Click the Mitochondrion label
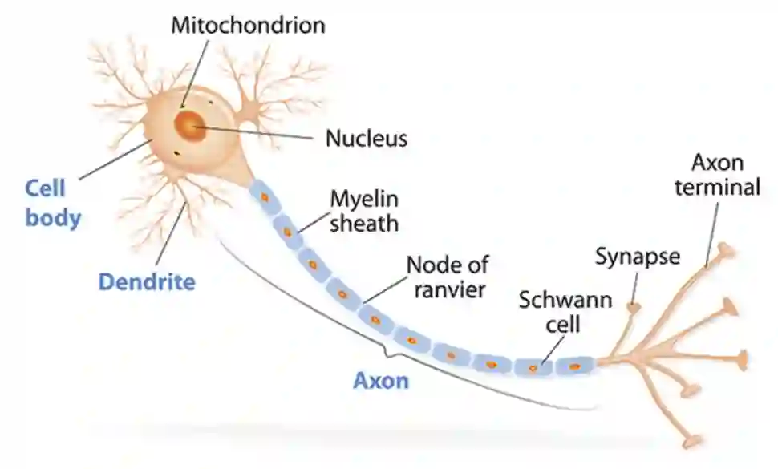tap(249, 25)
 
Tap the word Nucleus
tap(367, 139)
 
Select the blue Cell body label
tap(53, 203)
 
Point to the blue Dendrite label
tap(147, 282)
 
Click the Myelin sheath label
tap(365, 210)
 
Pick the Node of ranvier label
tap(447, 276)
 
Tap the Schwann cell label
tap(565, 313)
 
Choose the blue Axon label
tap(381, 380)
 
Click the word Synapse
tap(637, 257)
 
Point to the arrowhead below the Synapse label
tap(634, 306)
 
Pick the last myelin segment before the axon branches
tap(574, 366)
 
